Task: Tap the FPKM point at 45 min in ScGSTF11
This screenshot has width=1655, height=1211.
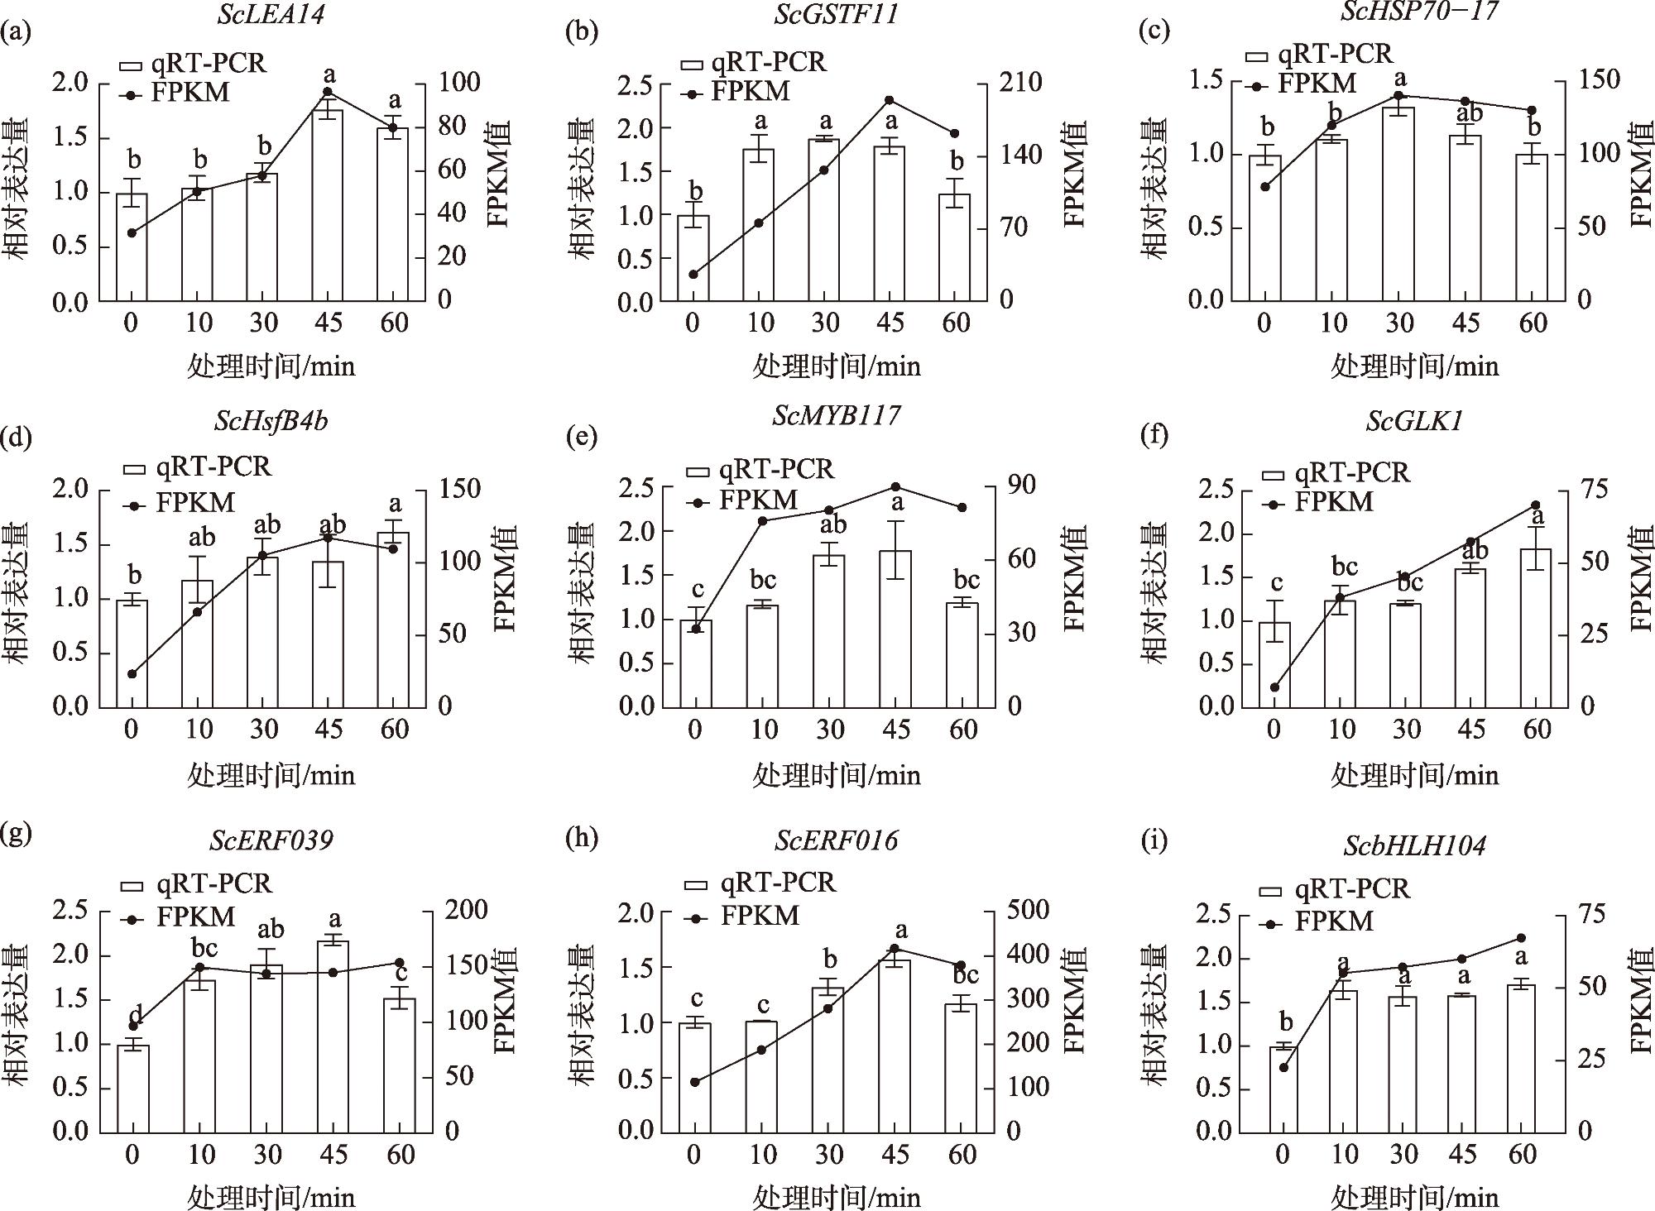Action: pos(890,100)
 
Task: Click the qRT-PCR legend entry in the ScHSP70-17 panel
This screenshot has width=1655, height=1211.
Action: pos(1319,55)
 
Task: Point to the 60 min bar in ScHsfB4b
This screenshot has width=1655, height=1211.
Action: pos(394,620)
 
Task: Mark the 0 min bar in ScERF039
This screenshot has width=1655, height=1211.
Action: pos(132,1088)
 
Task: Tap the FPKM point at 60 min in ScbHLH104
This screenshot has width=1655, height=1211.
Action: pos(1521,938)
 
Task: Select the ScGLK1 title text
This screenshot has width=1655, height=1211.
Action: pos(1414,422)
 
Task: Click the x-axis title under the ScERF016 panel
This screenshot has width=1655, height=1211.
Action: pos(837,1196)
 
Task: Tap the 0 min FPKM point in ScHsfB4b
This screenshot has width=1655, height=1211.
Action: pos(132,673)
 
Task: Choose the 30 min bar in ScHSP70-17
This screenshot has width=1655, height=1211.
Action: pos(1398,203)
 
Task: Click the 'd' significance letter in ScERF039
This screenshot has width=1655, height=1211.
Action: pos(134,1015)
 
